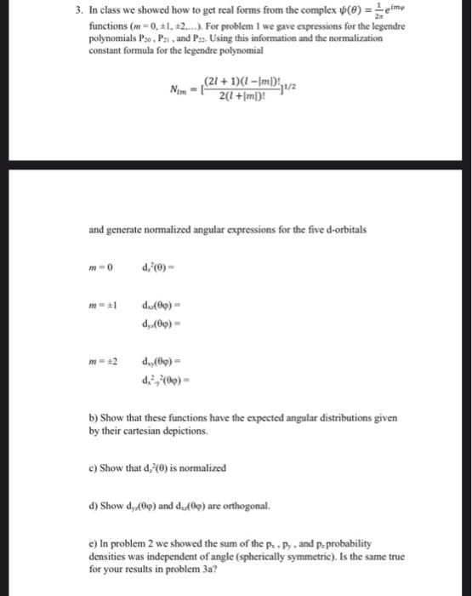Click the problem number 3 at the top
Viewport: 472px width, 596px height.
pos(77,11)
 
